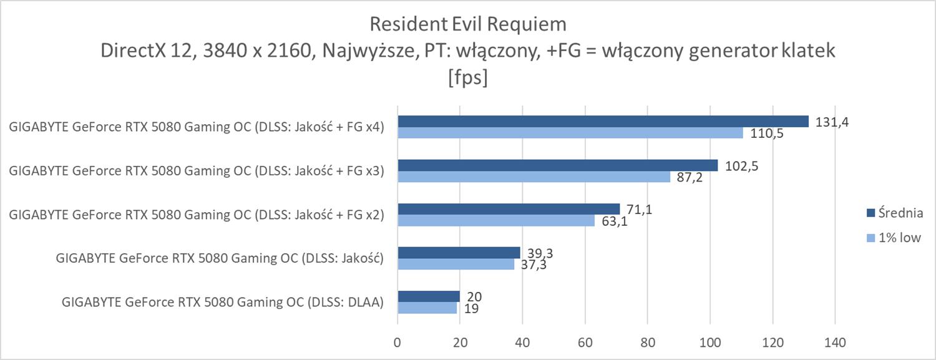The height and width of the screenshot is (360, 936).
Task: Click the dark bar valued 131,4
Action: coord(603,122)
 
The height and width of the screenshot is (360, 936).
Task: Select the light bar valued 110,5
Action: coord(570,133)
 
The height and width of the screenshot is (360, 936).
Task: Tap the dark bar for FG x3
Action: coord(558,165)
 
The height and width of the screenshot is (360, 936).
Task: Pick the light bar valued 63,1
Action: coord(496,220)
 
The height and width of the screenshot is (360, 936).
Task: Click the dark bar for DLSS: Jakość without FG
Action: coord(459,252)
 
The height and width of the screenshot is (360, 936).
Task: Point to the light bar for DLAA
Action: coord(427,308)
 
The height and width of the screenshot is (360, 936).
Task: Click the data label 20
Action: coord(474,296)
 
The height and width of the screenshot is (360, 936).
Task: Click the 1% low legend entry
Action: coord(897,237)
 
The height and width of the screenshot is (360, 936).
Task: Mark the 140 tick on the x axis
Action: coord(835,343)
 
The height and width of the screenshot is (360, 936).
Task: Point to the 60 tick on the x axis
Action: coord(585,343)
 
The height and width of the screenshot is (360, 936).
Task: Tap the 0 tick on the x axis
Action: coord(397,343)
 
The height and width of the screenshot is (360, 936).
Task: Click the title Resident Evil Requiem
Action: coord(468,24)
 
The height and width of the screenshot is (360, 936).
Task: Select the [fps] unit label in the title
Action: coord(468,80)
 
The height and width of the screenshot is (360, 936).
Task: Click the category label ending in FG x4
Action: coord(196,128)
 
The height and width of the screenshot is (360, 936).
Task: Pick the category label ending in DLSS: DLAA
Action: coord(222,303)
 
